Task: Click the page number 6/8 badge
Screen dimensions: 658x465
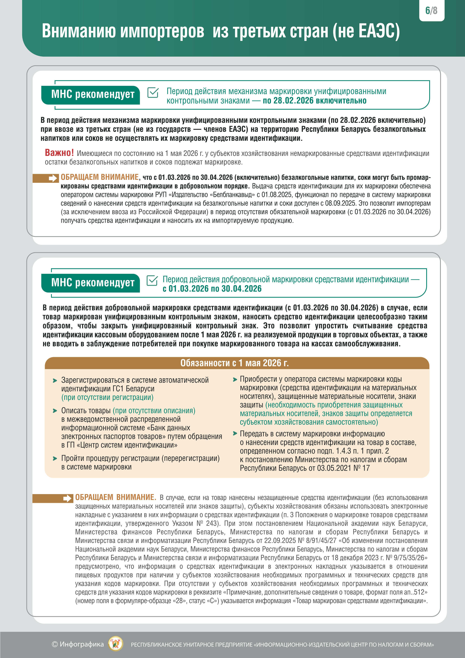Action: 431,11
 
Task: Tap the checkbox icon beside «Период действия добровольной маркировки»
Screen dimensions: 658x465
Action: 152,281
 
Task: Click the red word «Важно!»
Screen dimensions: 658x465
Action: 59,153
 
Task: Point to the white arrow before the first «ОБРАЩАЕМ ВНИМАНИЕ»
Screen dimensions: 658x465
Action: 53,179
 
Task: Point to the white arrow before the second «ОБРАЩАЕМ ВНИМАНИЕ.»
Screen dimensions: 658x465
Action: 67,499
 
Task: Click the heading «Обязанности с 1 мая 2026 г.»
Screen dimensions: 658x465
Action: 234,363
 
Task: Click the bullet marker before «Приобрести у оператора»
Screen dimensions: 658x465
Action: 235,380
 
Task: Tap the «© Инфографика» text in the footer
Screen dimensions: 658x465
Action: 78,644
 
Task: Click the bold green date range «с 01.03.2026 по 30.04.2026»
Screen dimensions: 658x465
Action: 212,289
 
